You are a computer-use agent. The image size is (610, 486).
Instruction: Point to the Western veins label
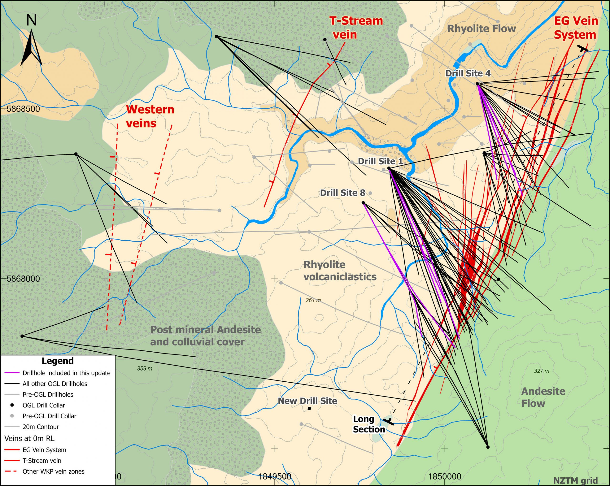click(x=150, y=116)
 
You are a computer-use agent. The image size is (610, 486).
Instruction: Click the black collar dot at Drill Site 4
click(x=477, y=84)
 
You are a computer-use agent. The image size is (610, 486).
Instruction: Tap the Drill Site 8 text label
click(x=342, y=193)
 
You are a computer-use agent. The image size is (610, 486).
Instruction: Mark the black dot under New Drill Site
click(x=309, y=409)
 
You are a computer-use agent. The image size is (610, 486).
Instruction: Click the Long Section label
click(x=368, y=424)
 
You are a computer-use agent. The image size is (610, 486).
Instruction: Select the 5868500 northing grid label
click(x=23, y=109)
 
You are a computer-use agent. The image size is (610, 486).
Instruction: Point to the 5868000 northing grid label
click(x=23, y=279)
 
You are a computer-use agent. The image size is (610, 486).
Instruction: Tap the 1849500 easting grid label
click(x=275, y=476)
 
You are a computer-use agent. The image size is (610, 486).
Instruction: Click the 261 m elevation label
click(x=313, y=300)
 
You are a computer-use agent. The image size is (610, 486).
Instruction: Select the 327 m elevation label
click(x=541, y=371)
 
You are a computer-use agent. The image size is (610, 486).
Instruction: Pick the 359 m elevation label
click(x=145, y=368)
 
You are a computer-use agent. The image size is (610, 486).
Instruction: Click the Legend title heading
click(x=57, y=361)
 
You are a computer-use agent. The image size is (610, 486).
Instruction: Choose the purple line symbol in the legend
click(x=12, y=373)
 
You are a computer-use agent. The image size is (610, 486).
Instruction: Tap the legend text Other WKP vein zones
click(x=53, y=471)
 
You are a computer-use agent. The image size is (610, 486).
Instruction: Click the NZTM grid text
click(x=575, y=480)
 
